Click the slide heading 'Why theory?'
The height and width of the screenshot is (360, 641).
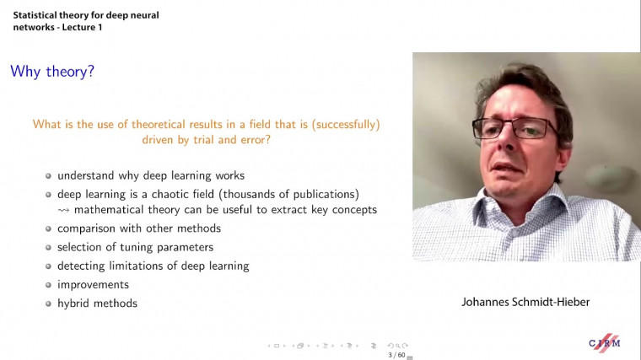51,72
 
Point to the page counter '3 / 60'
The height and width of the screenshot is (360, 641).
396,355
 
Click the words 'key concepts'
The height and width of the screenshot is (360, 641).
346,209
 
